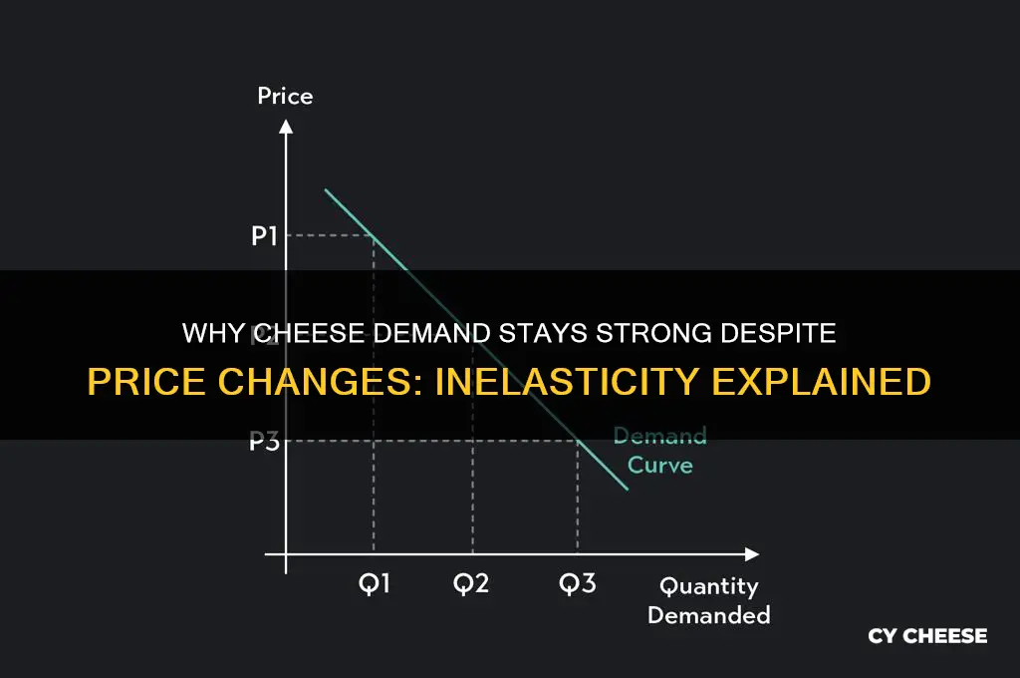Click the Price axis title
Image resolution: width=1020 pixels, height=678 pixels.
click(x=285, y=97)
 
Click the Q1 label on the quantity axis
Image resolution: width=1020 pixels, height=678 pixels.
click(x=374, y=583)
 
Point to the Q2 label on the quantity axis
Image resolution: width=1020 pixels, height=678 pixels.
click(x=471, y=583)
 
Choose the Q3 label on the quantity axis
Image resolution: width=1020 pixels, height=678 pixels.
click(x=577, y=583)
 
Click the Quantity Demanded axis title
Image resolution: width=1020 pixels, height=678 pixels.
click(x=708, y=600)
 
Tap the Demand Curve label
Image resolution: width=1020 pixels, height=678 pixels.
click(x=658, y=451)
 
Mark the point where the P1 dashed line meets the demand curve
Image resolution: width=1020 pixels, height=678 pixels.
click(x=374, y=235)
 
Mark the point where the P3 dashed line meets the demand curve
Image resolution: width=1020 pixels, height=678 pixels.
click(x=578, y=441)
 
